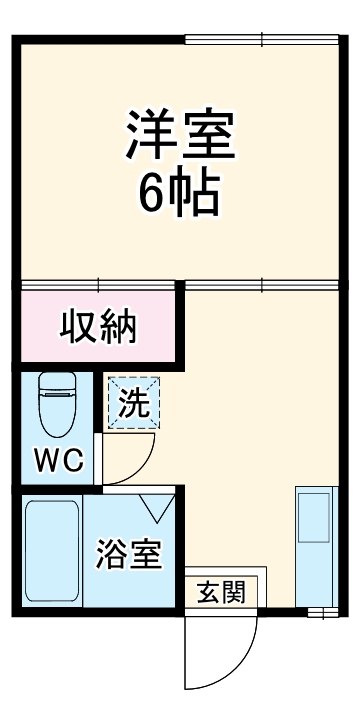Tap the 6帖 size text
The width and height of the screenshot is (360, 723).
coord(179,195)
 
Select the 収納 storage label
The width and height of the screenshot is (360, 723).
coord(97,327)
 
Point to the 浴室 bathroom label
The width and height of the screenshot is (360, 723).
coord(129,553)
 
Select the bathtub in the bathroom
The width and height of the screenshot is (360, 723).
coord(52,552)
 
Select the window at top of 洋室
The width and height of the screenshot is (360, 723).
coord(262,40)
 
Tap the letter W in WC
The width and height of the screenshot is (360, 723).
coord(46,461)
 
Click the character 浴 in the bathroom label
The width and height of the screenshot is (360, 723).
coord(112,553)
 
